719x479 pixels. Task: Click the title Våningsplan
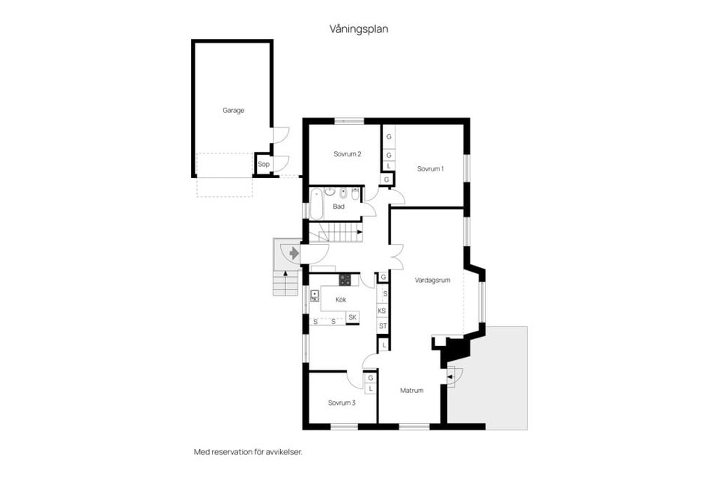pos(359,29)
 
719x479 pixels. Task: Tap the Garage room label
pos(233,110)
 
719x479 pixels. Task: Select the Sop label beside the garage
pos(263,165)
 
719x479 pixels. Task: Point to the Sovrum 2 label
pos(348,154)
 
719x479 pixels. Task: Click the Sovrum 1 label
pos(431,168)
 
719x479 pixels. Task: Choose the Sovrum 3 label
pos(342,403)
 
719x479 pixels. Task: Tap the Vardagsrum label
pos(432,280)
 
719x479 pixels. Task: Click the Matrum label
pos(411,391)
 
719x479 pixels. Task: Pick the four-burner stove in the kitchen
pos(345,281)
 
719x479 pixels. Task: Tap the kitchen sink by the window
pos(315,296)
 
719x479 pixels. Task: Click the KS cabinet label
pos(382,311)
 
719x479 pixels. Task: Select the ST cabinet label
pos(382,326)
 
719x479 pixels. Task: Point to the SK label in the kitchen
pos(352,318)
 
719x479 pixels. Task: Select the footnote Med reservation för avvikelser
pos(247,452)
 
